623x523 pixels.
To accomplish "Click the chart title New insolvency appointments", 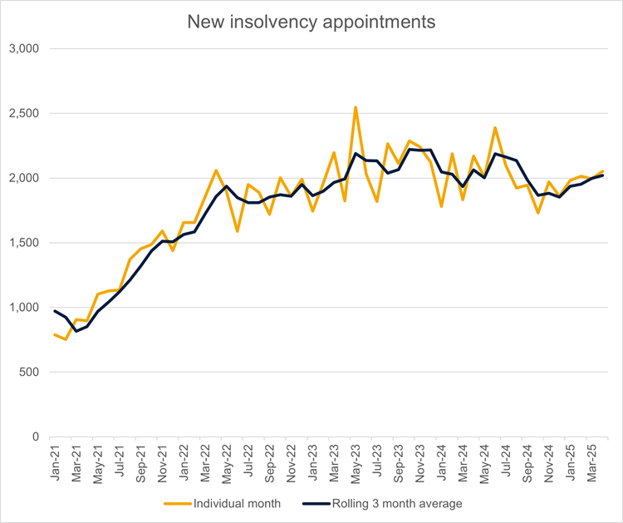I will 311,22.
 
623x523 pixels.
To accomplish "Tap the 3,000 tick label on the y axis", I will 23,49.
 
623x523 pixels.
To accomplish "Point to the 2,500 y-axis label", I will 23,113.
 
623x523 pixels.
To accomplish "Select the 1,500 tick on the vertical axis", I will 23,243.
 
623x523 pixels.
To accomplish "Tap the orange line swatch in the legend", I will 176,503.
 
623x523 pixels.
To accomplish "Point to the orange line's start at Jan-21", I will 55,334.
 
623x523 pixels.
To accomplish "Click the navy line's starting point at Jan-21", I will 55,311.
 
